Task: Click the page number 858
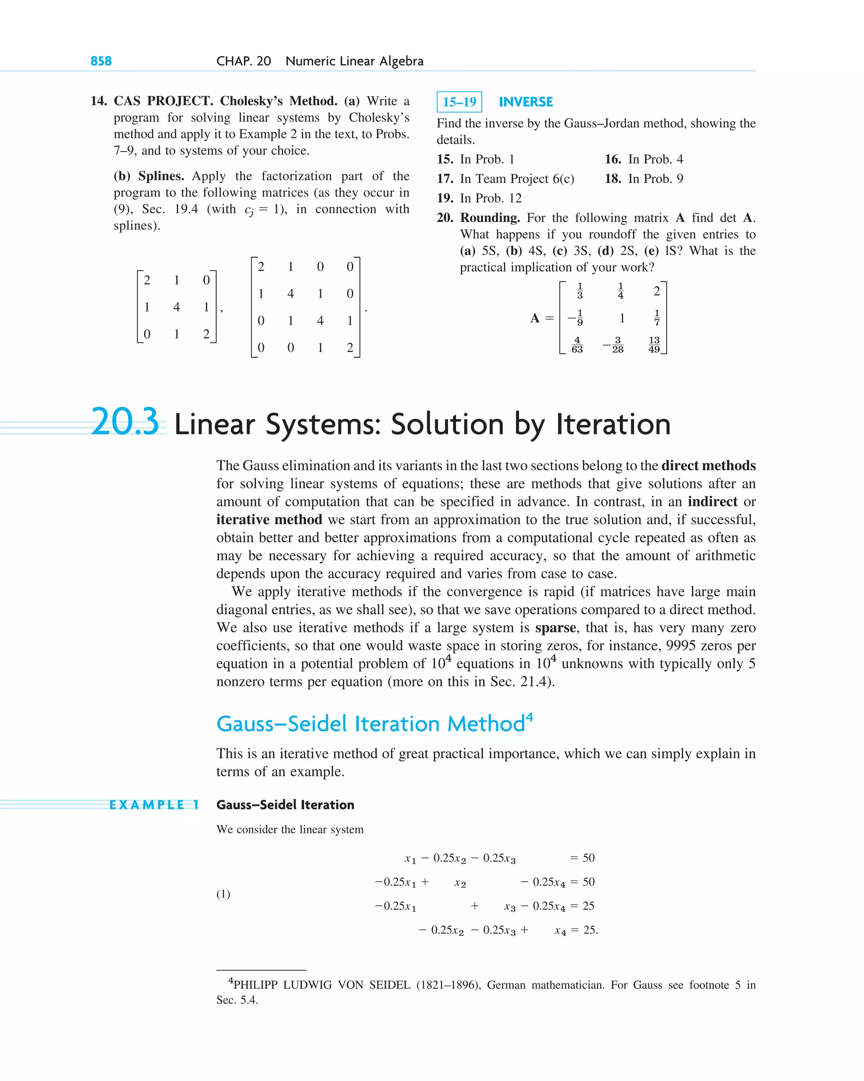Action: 101,61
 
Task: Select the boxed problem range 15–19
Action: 459,102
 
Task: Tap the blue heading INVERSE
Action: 526,102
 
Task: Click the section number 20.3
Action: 125,422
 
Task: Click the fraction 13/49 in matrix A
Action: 654,344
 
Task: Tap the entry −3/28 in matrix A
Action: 614,344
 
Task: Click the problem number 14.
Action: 98,101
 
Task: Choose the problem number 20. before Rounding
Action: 445,218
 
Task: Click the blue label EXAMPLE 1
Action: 154,805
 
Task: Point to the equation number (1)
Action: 223,894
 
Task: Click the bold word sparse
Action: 555,628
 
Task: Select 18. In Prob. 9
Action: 644,179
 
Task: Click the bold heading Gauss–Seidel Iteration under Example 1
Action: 285,805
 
